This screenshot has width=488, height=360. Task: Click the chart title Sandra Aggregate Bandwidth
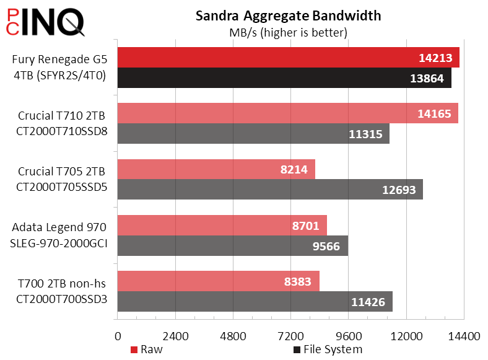(x=288, y=15)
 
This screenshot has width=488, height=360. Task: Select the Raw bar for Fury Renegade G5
(x=288, y=57)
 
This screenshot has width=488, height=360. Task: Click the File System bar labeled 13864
(x=284, y=77)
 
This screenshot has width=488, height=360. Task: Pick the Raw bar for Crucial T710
(x=287, y=113)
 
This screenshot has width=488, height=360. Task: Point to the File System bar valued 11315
(x=253, y=133)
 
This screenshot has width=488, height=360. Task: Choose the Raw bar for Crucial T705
(x=216, y=169)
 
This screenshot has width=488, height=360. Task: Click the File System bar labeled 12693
(x=269, y=189)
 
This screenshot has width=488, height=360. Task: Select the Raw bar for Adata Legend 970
(x=222, y=225)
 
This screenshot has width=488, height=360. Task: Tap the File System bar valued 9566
(x=232, y=245)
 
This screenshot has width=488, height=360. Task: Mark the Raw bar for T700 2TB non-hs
(x=218, y=281)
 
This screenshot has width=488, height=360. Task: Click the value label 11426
(x=368, y=302)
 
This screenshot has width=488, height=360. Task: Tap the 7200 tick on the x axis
(x=290, y=336)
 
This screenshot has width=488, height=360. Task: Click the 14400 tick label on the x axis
(x=464, y=336)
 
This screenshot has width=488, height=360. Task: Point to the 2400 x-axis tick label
(x=175, y=336)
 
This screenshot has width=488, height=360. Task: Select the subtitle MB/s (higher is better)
(x=288, y=32)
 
